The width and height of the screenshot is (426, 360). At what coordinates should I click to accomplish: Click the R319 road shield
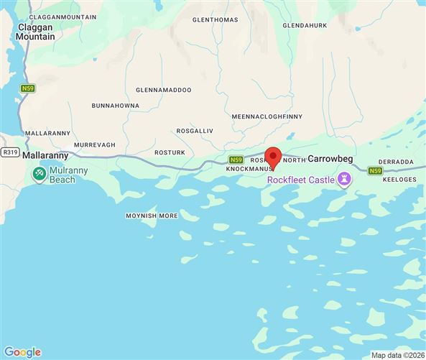(10, 152)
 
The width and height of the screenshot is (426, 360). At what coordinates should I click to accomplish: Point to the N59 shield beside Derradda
(375, 170)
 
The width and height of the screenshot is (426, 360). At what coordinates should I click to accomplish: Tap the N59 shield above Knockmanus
(236, 160)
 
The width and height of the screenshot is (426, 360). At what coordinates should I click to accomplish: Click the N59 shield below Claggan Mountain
(27, 88)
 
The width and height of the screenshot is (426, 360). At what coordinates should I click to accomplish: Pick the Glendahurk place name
(305, 25)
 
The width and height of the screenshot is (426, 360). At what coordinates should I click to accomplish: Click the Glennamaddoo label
(164, 91)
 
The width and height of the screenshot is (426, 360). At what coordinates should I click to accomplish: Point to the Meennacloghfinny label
(267, 116)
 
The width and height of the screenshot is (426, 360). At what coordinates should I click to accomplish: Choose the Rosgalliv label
(196, 131)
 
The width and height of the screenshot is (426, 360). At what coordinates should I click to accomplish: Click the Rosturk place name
(170, 152)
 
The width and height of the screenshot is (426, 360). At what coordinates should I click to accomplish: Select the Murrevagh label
(94, 144)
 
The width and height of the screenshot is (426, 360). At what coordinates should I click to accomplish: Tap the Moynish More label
(152, 216)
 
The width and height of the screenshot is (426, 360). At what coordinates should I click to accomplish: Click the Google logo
(22, 351)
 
